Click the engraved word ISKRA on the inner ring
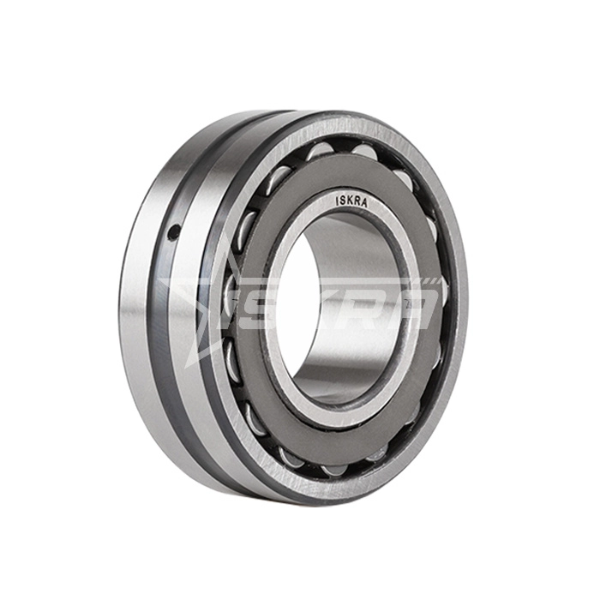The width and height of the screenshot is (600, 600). click(351, 202)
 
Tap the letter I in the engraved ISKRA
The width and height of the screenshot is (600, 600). click(336, 200)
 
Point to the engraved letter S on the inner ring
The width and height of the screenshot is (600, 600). click(342, 200)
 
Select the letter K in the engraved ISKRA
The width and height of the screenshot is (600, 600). click(349, 201)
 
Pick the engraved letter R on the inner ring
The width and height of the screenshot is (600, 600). click(357, 203)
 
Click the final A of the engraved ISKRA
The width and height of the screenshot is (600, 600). click(364, 205)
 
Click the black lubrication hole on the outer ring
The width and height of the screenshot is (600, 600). click(174, 231)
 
